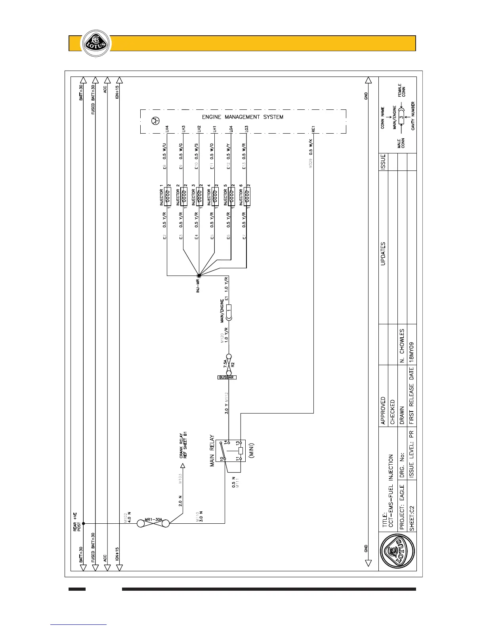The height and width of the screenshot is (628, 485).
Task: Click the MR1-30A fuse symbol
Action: click(x=153, y=524)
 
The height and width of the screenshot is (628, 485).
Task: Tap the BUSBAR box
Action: click(x=227, y=377)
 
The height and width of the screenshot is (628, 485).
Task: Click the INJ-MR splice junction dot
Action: click(x=199, y=276)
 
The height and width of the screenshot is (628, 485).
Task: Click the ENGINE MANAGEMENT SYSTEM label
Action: click(x=242, y=117)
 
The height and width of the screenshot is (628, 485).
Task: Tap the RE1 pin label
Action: click(x=313, y=129)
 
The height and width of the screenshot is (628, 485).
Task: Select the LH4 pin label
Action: click(x=167, y=129)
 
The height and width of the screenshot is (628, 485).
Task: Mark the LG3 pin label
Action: click(x=246, y=129)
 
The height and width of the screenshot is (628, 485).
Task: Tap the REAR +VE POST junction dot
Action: click(x=83, y=524)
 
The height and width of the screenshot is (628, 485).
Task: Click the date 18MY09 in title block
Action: click(x=412, y=350)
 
